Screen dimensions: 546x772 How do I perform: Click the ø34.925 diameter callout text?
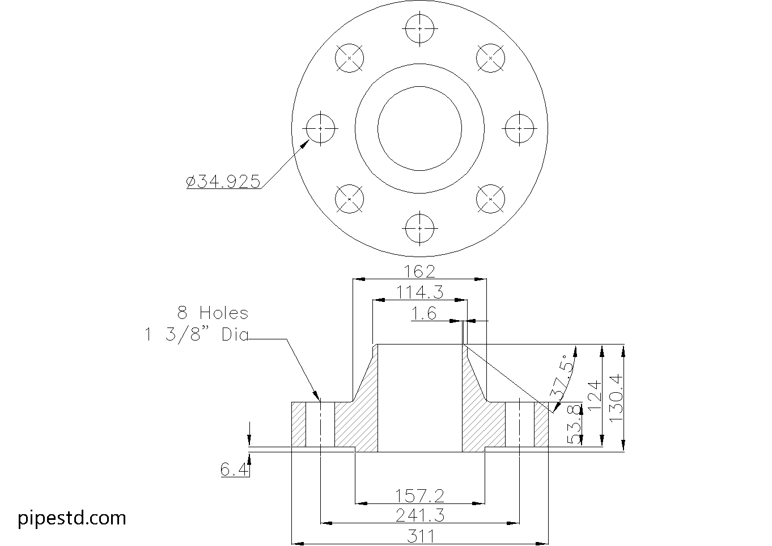[x=223, y=182]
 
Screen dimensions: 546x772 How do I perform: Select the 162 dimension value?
[x=419, y=271]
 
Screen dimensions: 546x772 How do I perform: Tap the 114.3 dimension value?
[x=419, y=292]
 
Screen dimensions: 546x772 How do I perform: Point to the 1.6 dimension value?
[x=424, y=313]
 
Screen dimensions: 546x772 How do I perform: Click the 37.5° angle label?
[x=562, y=378]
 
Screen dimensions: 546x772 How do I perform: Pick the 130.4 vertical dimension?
[x=616, y=397]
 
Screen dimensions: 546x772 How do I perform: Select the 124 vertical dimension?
[x=593, y=395]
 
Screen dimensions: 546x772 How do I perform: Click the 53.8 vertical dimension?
[x=574, y=424]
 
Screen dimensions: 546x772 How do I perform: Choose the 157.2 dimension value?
[x=419, y=497]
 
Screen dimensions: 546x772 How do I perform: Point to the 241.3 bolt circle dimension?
[x=419, y=515]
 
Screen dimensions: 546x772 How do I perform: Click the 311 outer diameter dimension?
[x=419, y=536]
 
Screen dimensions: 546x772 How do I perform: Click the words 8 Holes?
[x=213, y=313]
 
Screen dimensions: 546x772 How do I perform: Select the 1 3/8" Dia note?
[x=197, y=335]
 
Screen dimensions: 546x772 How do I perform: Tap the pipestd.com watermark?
[x=72, y=518]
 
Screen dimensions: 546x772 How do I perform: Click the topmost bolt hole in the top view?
[x=420, y=28]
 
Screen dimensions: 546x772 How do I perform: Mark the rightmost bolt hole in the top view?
[x=519, y=129]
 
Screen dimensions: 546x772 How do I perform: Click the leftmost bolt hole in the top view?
[x=321, y=129]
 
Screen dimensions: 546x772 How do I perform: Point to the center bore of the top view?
[x=420, y=129]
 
